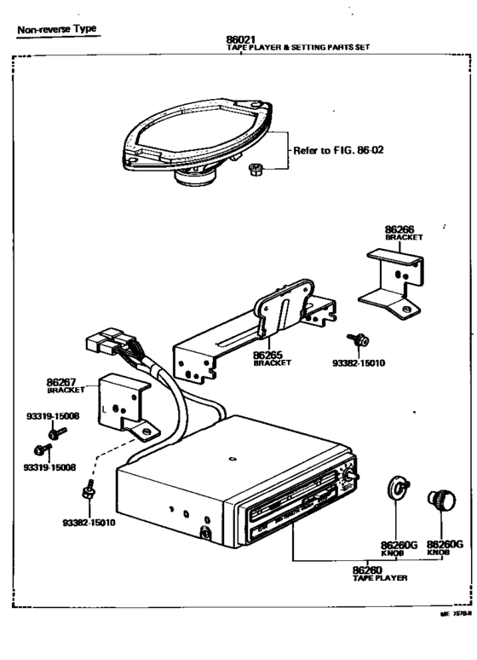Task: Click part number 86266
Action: pyautogui.click(x=399, y=229)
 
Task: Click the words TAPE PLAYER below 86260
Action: pyautogui.click(x=379, y=578)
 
